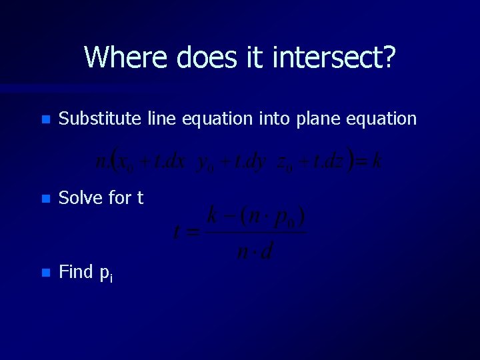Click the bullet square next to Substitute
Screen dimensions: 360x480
click(45, 121)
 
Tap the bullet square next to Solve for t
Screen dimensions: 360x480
click(45, 199)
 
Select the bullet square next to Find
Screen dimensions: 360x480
click(45, 273)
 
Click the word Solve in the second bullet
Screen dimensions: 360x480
click(78, 198)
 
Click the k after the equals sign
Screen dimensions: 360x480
click(377, 161)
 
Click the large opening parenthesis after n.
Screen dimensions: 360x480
click(114, 161)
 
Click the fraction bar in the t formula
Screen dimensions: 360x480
click(256, 233)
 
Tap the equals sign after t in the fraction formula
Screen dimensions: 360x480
click(193, 233)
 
